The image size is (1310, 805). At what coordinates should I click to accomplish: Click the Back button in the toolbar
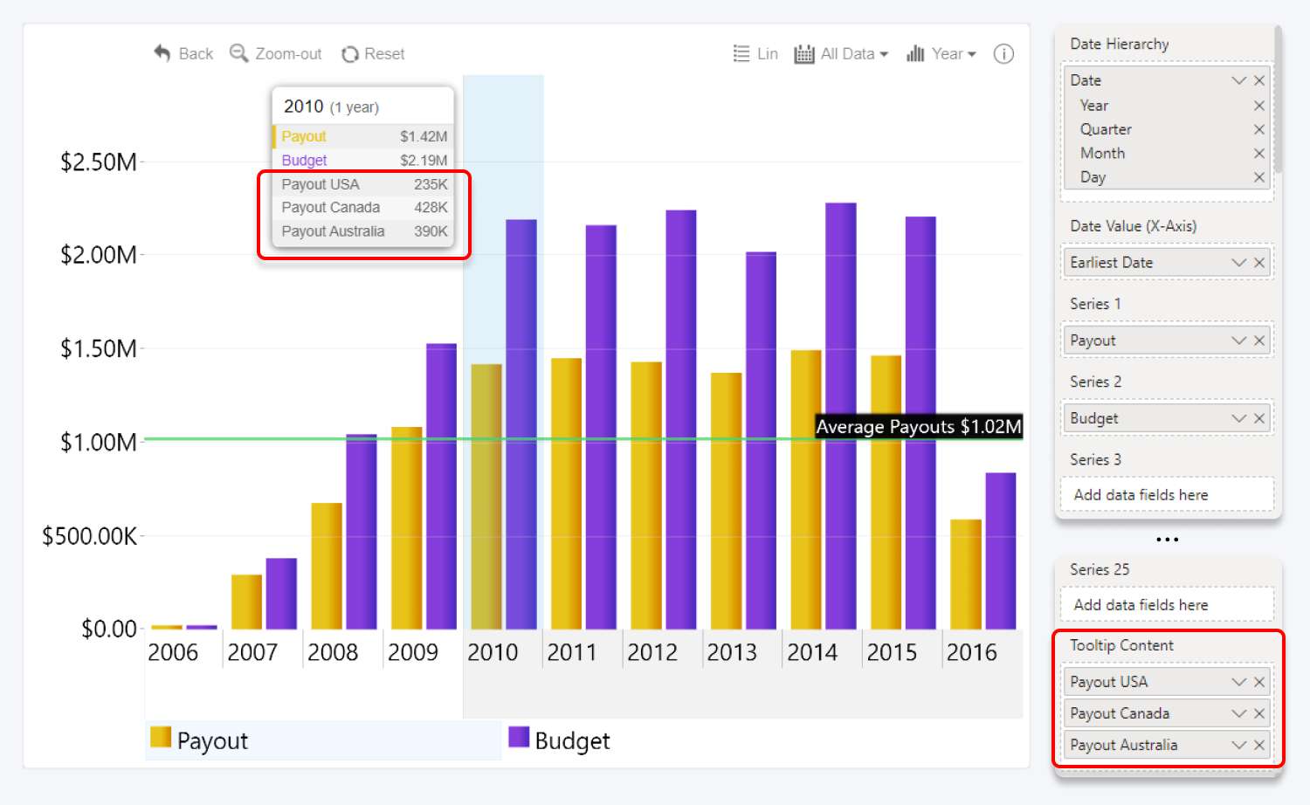(x=183, y=54)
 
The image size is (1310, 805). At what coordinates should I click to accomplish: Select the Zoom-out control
(x=276, y=54)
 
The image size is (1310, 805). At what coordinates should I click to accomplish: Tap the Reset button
(x=373, y=54)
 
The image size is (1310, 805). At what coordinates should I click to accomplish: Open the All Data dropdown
(x=842, y=54)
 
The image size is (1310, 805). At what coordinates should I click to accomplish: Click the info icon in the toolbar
(x=1003, y=54)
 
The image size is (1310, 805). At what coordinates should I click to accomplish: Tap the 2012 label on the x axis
(x=652, y=652)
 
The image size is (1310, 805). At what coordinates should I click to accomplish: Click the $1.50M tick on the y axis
(x=98, y=348)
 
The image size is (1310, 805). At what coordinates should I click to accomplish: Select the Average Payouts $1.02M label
(x=918, y=427)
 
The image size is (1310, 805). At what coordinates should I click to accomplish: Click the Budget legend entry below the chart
(x=559, y=740)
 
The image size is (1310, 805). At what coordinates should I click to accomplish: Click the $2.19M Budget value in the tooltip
(x=424, y=161)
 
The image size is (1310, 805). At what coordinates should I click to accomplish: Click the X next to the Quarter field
(x=1258, y=129)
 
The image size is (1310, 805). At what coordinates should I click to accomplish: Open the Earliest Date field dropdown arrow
(x=1238, y=263)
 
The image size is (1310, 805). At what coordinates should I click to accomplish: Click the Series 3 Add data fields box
(x=1167, y=495)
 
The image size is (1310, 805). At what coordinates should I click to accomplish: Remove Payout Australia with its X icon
(x=1258, y=745)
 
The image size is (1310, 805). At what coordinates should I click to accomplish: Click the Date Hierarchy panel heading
(x=1119, y=44)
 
